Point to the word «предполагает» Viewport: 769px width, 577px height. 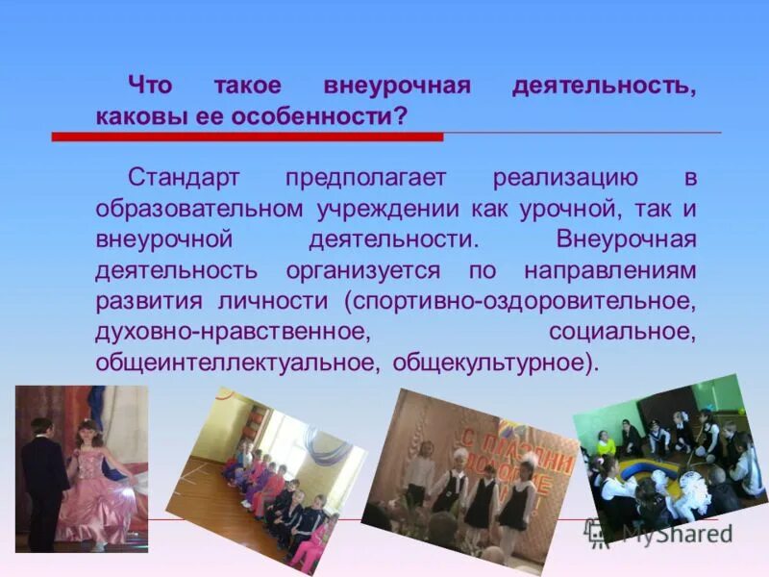point(361,178)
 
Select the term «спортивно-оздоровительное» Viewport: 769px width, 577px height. point(523,301)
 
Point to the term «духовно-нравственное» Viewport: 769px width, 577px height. point(232,332)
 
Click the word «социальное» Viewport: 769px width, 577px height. point(621,332)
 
